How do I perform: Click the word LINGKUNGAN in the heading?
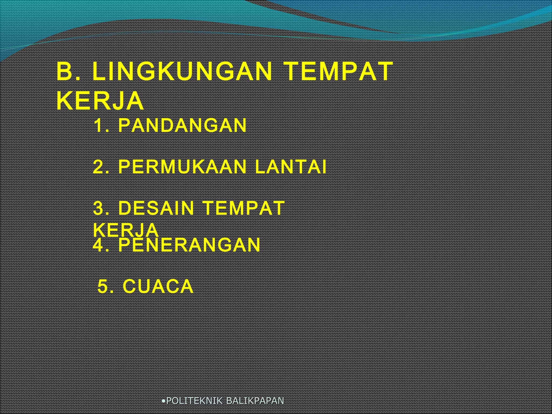pos(182,71)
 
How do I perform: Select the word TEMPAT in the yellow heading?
pos(339,71)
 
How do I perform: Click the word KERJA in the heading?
pos(100,101)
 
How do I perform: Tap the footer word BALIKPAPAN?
pos(255,401)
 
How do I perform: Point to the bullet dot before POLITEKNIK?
pos(163,401)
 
